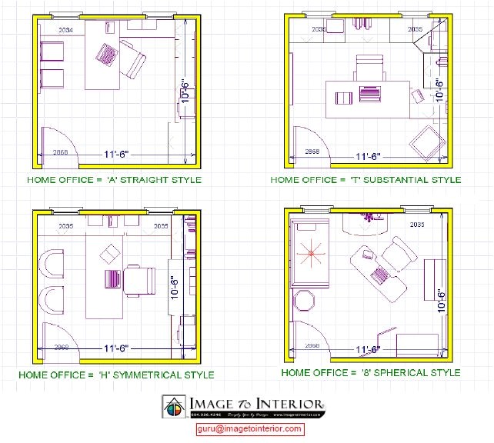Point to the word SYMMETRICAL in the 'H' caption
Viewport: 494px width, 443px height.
coord(145,375)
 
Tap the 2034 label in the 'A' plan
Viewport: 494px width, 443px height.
coord(65,30)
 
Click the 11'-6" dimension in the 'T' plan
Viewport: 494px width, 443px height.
coord(369,156)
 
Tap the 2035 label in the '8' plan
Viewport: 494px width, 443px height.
coord(417,225)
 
